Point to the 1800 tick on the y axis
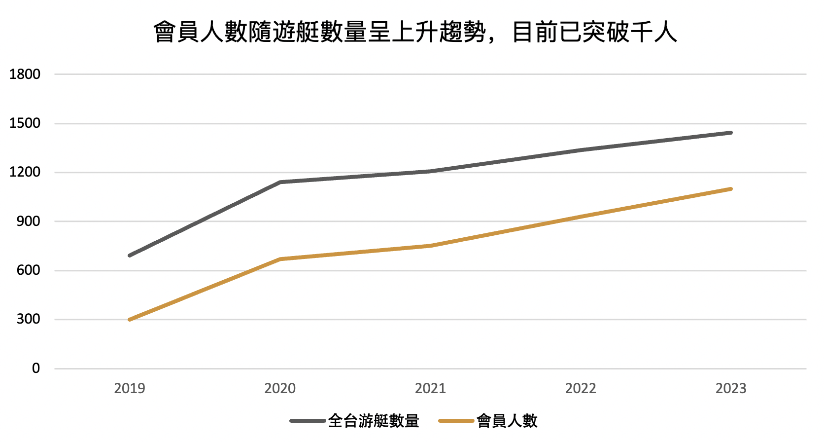coord(25,74)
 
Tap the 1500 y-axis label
coord(25,123)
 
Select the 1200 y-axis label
coord(25,172)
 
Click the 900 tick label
coord(28,221)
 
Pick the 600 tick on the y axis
coord(28,270)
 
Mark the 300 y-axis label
coord(28,319)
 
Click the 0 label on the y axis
coord(36,368)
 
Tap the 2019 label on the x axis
coord(130,389)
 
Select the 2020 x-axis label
coord(280,389)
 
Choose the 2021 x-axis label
coord(430,389)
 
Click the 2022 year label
coord(581,389)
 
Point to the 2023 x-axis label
coord(731,389)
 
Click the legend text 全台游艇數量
coord(374,421)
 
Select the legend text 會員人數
coord(507,421)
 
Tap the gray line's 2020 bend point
coord(280,182)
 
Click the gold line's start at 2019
coord(130,320)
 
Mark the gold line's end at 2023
coord(731,189)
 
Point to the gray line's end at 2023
coord(731,133)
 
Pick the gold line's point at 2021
coord(430,246)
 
